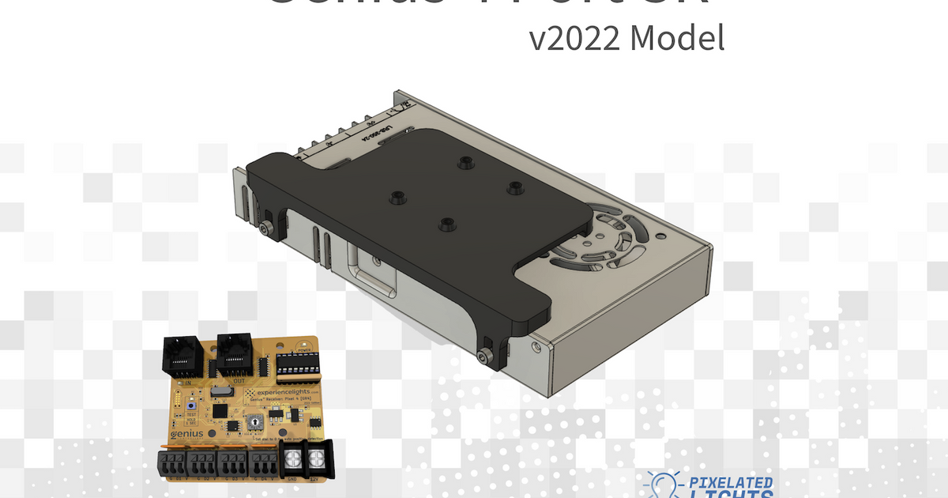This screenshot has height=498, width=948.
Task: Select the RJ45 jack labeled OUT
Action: (x=235, y=357)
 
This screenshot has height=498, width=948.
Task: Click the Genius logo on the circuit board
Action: (x=186, y=433)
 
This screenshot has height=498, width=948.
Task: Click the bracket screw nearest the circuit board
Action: (x=484, y=357)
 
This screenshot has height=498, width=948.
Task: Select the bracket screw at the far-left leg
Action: (x=263, y=228)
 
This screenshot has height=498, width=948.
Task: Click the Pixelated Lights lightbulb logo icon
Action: (x=660, y=485)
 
